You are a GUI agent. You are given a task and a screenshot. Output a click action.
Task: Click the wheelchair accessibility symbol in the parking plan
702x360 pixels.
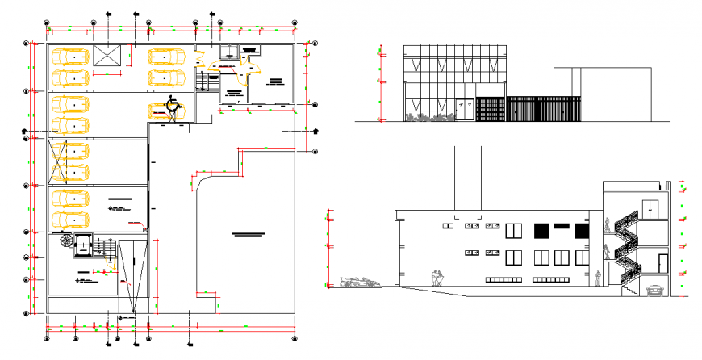[171, 103]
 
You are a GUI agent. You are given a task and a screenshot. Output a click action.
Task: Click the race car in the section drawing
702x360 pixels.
[359, 282]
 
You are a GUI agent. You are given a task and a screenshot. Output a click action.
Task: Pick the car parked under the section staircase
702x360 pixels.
[654, 289]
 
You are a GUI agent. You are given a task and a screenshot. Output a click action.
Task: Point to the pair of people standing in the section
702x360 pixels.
[437, 277]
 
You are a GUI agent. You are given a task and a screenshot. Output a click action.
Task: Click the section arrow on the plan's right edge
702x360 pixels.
[315, 131]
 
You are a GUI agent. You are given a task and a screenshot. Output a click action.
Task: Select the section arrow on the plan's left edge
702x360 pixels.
[24, 131]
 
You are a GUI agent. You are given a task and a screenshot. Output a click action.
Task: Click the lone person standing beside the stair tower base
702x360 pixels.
[598, 279]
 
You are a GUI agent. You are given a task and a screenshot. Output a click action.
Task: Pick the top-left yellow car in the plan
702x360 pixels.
[70, 57]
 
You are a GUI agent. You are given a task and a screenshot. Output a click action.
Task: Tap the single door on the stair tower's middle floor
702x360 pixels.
[662, 262]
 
